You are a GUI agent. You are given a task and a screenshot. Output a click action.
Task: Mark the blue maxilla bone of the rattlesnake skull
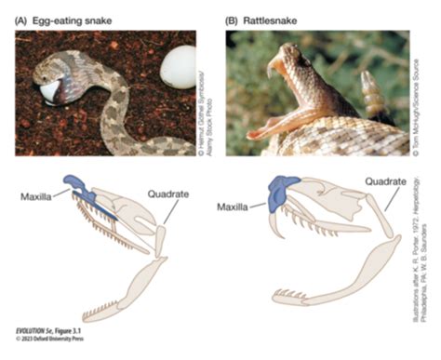point(277,193)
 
